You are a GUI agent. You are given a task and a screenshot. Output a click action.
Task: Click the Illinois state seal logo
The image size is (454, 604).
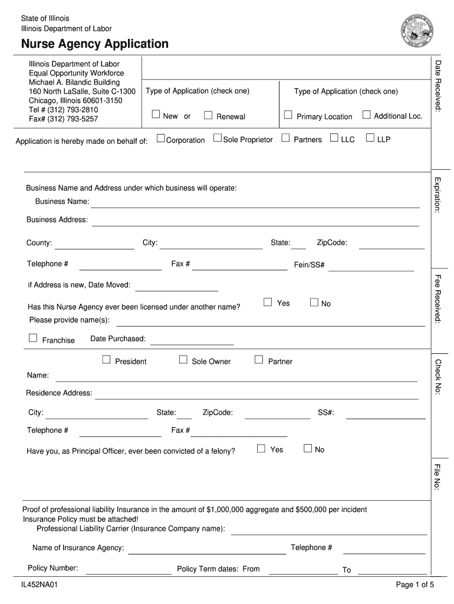click(x=417, y=28)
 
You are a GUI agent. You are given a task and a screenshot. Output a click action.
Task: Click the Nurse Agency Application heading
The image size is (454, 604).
click(x=95, y=44)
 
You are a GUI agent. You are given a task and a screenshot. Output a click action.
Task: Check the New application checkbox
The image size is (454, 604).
click(x=156, y=114)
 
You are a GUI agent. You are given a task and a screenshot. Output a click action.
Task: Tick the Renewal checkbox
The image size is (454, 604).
click(x=208, y=115)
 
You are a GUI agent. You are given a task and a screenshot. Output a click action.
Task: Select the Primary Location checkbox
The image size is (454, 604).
click(x=288, y=114)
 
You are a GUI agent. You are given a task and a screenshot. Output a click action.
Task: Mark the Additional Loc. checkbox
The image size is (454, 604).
click(x=367, y=114)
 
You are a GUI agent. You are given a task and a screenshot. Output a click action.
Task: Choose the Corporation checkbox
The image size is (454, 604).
click(x=160, y=138)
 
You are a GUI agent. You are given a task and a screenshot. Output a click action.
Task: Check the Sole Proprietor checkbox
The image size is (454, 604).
click(x=217, y=138)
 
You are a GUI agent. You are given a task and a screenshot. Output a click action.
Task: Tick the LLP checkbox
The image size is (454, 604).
click(x=370, y=138)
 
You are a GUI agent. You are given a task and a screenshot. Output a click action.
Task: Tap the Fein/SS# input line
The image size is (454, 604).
click(x=371, y=267)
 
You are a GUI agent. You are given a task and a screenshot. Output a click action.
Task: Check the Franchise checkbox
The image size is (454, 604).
click(x=33, y=338)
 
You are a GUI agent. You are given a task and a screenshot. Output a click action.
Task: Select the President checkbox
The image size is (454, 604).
click(x=107, y=359)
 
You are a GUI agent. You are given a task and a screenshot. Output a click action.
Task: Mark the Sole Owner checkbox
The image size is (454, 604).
click(x=183, y=359)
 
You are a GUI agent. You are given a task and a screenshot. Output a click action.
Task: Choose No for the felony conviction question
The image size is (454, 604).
click(x=307, y=448)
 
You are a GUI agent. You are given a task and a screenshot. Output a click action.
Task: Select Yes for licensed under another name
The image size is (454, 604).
click(x=268, y=302)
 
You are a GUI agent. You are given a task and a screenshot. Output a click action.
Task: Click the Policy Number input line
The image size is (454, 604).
click(x=128, y=570)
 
